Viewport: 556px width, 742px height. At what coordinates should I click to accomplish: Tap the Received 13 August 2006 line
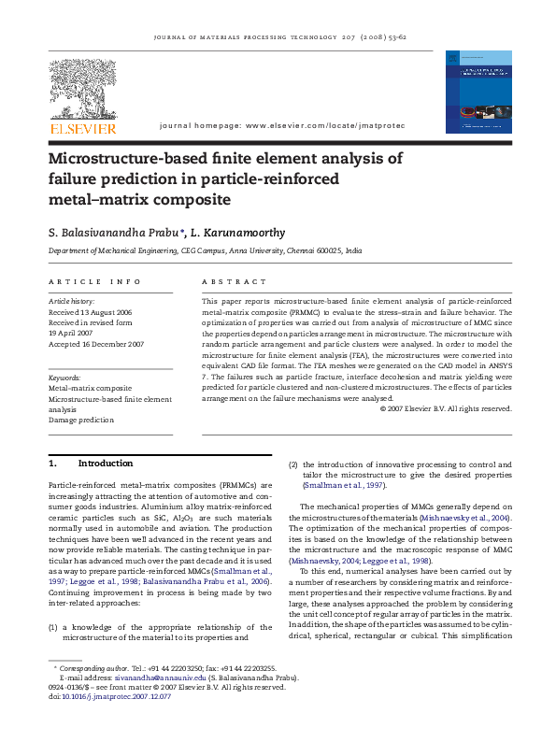pyautogui.click(x=99, y=312)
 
